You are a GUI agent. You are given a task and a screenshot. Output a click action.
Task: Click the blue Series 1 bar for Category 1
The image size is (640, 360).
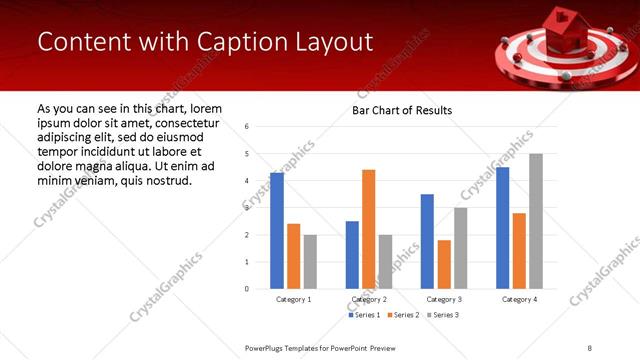point(277,231)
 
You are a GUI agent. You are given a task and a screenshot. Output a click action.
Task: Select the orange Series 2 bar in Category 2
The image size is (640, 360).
point(368,229)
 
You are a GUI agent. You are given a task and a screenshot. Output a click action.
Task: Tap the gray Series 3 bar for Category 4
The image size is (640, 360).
point(535,221)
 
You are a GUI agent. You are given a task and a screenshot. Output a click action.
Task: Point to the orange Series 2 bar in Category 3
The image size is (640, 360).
point(444,264)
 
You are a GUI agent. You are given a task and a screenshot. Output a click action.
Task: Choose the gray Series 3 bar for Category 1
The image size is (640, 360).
point(310,262)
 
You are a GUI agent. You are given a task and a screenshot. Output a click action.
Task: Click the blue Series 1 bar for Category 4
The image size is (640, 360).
point(502,228)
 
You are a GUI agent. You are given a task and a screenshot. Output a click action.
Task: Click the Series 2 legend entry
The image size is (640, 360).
point(403,315)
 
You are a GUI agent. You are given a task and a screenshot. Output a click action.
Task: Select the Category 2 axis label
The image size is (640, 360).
point(368,299)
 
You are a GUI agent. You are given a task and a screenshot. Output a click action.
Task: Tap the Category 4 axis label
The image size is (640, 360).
point(518,299)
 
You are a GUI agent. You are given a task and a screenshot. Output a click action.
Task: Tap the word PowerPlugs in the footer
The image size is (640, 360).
point(266,347)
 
